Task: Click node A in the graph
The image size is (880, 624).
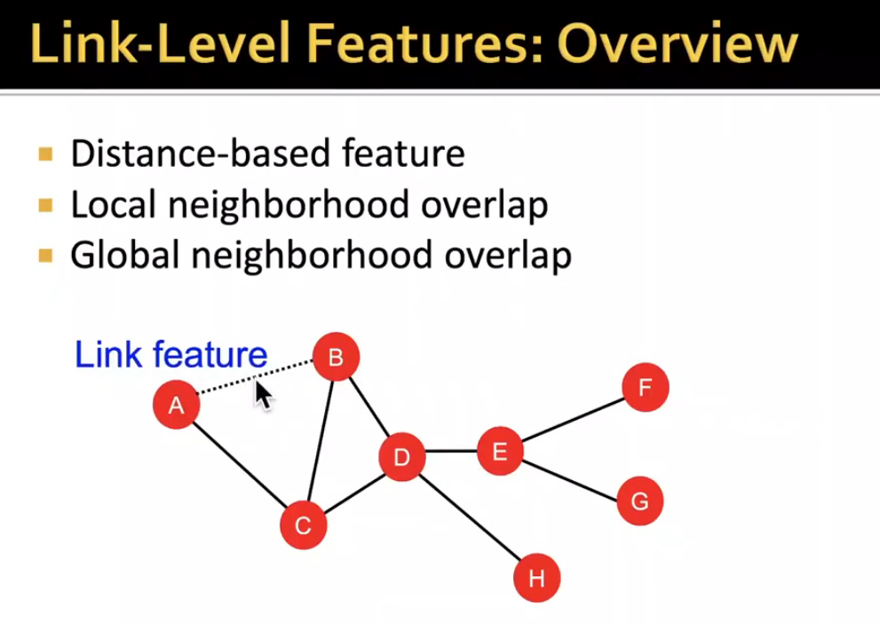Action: tap(176, 406)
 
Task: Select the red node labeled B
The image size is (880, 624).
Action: tap(336, 358)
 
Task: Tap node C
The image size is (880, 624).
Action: tap(304, 525)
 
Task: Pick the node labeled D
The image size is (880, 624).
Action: tap(401, 457)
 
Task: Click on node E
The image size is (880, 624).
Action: tap(499, 451)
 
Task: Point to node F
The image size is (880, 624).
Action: tap(645, 388)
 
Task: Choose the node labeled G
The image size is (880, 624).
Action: tap(639, 501)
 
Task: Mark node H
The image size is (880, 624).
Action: tap(536, 579)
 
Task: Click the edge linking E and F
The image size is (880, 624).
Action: tap(572, 419)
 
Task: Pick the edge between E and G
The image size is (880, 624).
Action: tap(569, 476)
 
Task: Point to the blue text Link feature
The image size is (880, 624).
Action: tap(170, 355)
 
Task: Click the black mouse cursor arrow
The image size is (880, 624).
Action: tap(263, 393)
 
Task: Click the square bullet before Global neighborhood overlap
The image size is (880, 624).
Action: tap(46, 257)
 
